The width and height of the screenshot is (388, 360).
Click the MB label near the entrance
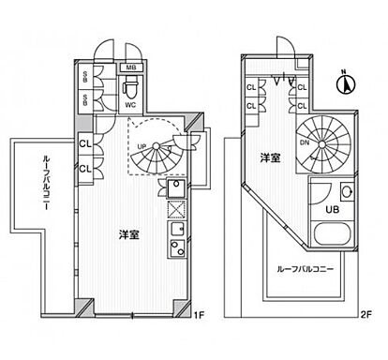tap(133, 68)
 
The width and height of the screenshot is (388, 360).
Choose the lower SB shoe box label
tap(86, 97)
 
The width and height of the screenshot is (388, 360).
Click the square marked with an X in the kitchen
tap(174, 209)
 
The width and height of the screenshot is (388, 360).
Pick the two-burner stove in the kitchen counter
tap(174, 248)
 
